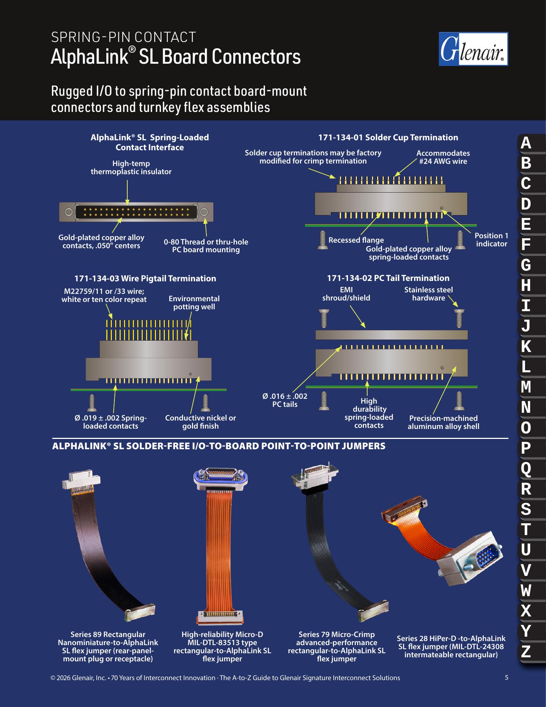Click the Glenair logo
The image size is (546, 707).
pyautogui.click(x=474, y=49)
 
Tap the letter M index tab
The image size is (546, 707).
pyautogui.click(x=526, y=387)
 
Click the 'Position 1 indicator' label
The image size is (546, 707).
pyautogui.click(x=492, y=240)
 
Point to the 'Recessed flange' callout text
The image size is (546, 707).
pyautogui.click(x=356, y=240)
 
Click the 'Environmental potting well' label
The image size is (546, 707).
pyautogui.click(x=194, y=303)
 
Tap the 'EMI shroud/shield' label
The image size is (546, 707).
pyautogui.click(x=346, y=294)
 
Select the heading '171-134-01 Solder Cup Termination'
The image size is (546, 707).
pyautogui.click(x=388, y=138)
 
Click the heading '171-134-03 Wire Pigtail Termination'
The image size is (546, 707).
pyautogui.click(x=145, y=278)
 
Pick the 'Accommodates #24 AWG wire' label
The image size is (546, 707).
pyautogui.click(x=443, y=157)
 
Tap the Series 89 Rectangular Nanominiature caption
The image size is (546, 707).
pyautogui.click(x=108, y=647)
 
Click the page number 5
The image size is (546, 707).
pyautogui.click(x=507, y=678)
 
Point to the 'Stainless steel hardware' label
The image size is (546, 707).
pyautogui.click(x=429, y=294)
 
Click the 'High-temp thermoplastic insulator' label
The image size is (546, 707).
pyautogui.click(x=131, y=168)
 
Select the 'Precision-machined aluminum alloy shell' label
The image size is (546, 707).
pyautogui.click(x=443, y=422)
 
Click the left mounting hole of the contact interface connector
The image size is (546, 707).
pyautogui.click(x=68, y=212)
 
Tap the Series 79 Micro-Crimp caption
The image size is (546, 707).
pyautogui.click(x=337, y=647)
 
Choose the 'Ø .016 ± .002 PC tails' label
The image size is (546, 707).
pyautogui.click(x=285, y=400)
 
